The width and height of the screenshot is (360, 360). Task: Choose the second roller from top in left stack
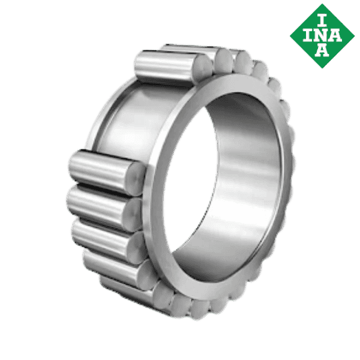coord(99,204)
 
